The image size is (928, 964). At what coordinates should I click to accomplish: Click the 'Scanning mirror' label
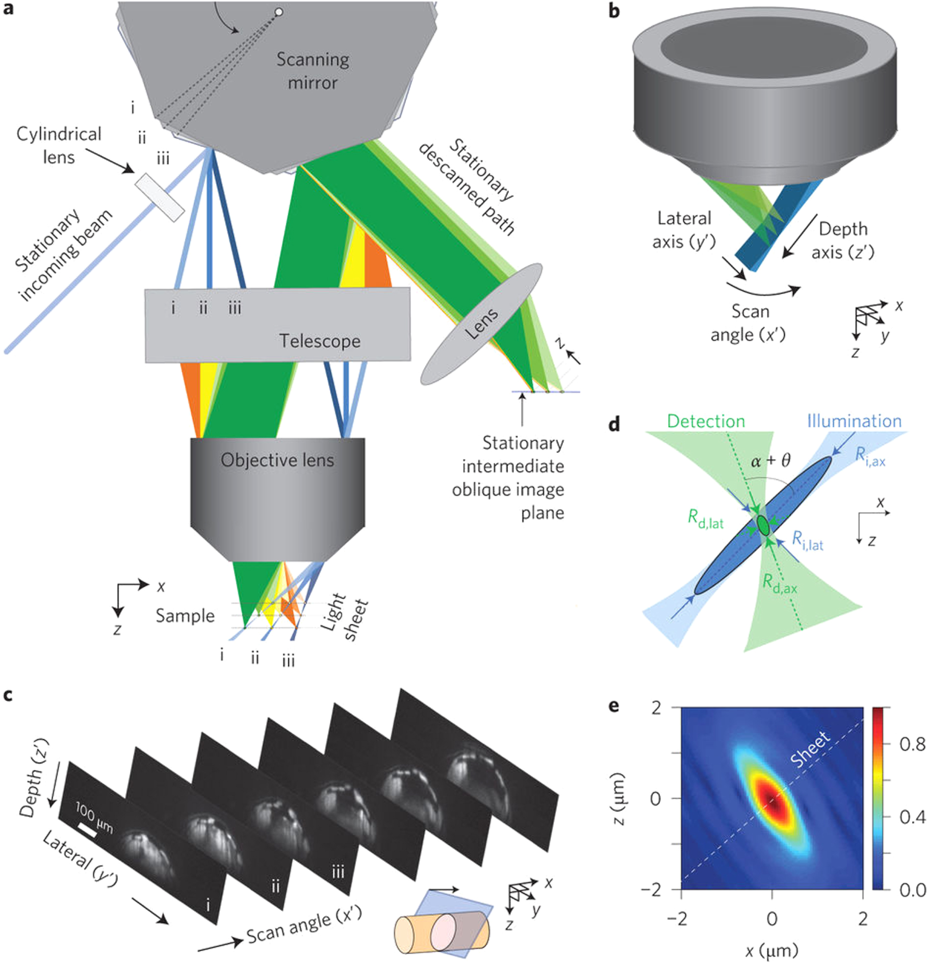pos(313,71)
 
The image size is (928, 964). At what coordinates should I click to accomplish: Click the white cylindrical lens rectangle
pos(160,197)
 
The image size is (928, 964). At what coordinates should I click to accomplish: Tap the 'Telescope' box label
pos(320,341)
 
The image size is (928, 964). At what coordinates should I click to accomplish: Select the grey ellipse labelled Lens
pos(481,324)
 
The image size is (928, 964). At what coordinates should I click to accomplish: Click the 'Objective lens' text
pos(277,460)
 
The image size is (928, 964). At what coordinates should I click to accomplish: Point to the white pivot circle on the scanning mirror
pos(279,12)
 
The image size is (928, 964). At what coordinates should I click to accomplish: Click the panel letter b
pos(614,11)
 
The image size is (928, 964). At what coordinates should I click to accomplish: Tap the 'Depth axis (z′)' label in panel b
pos(842,241)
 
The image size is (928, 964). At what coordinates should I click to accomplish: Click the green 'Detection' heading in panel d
pos(706,421)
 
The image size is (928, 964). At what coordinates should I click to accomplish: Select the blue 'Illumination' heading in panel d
pos(854,421)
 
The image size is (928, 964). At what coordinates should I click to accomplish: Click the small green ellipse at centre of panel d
pos(763,525)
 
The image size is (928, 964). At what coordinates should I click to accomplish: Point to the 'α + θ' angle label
pos(770,461)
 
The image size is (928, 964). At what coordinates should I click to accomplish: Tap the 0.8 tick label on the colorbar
pos(912,745)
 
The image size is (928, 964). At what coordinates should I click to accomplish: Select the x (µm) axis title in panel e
pos(771,950)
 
